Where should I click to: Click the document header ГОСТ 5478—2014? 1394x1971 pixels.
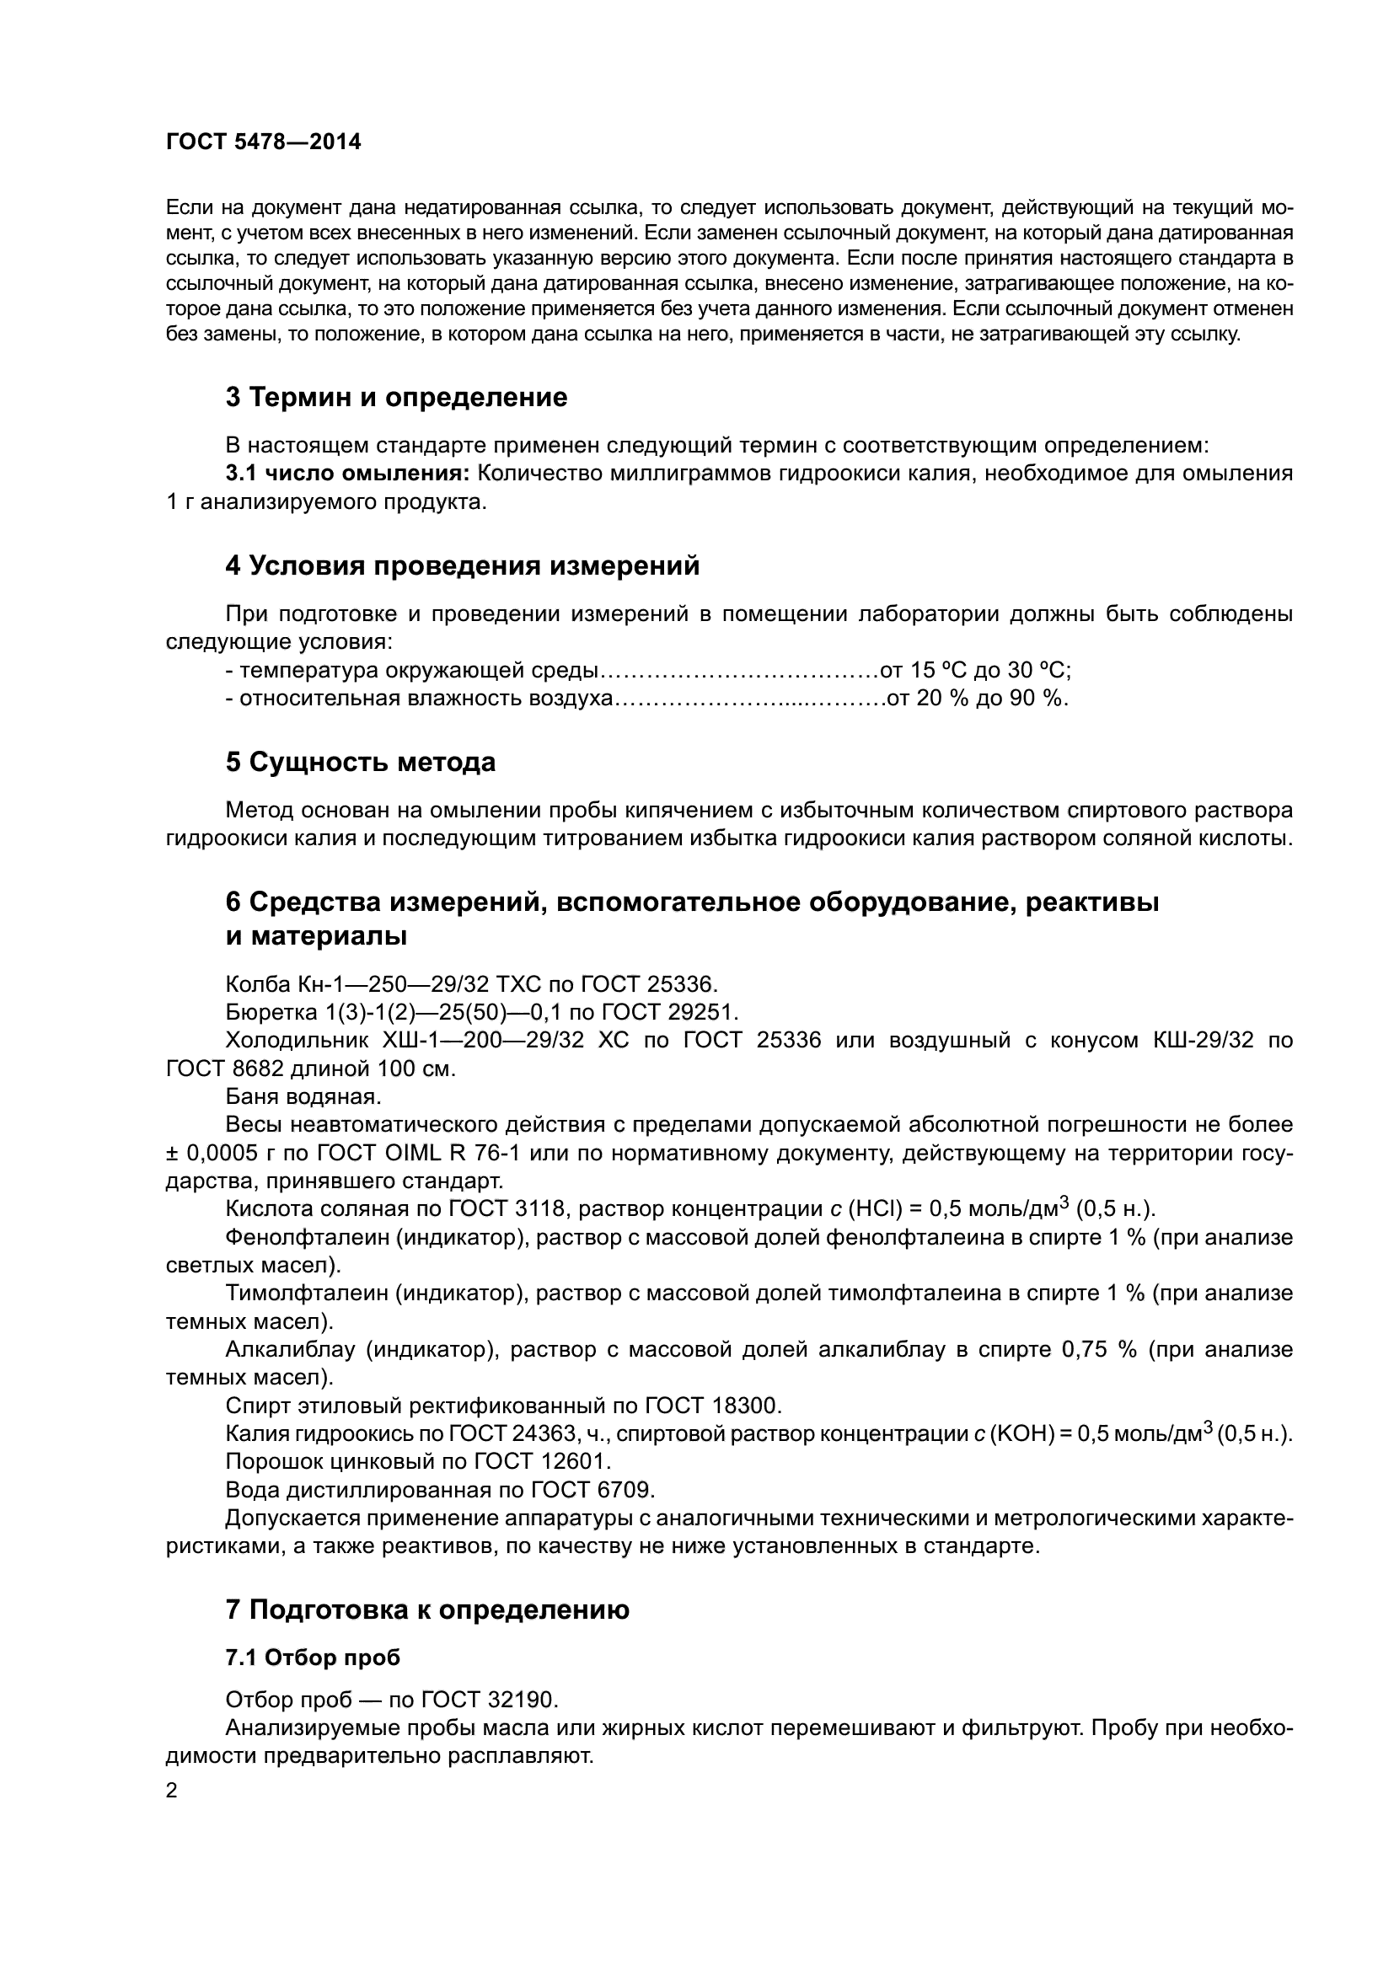pyautogui.click(x=264, y=142)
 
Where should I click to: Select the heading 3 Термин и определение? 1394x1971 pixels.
pyautogui.click(x=396, y=398)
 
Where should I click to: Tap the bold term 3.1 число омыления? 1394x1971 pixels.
pyautogui.click(x=347, y=474)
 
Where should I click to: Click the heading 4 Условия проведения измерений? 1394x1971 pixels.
pyautogui.click(x=463, y=565)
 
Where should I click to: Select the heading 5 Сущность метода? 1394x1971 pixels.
pyautogui.click(x=361, y=763)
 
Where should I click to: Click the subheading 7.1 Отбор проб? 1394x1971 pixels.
pyautogui.click(x=313, y=1658)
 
